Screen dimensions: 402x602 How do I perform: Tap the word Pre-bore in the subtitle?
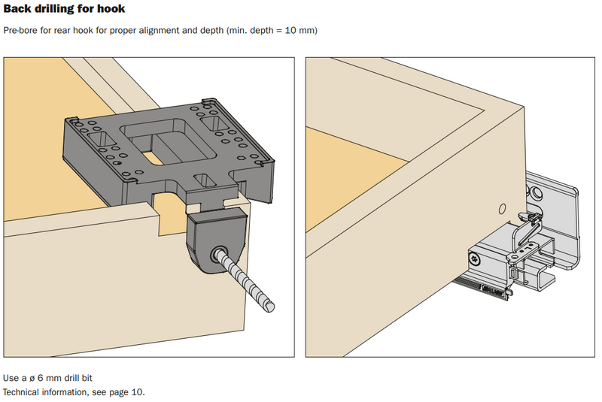pyautogui.click(x=20, y=31)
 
